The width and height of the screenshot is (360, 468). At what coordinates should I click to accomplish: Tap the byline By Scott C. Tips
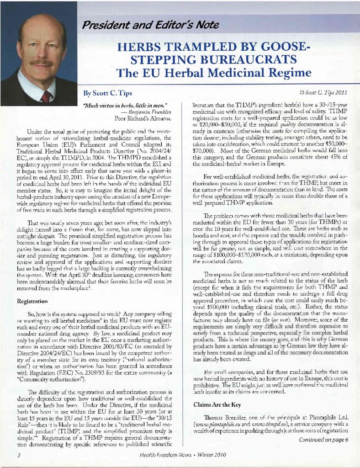pos(107,94)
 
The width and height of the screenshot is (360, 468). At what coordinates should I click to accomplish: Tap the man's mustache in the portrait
pos(41,62)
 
